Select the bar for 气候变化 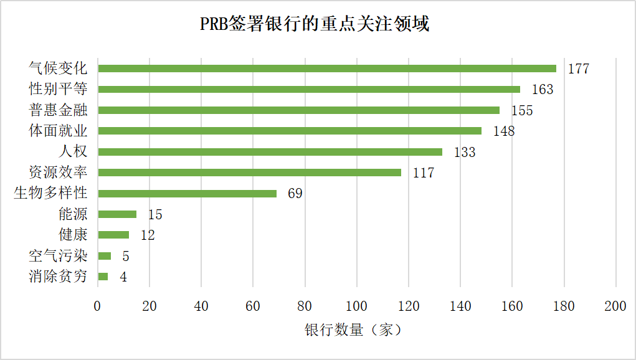327,69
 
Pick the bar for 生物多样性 187,194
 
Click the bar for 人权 270,152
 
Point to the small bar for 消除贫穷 103,277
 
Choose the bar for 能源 117,214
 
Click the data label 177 578,69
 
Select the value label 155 522,110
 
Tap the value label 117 423,173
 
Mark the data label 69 295,194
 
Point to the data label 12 147,235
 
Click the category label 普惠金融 58,110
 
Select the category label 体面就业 58,131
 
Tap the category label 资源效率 58,173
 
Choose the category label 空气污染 58,256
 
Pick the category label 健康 73,235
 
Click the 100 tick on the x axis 356,306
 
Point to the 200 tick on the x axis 615,306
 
